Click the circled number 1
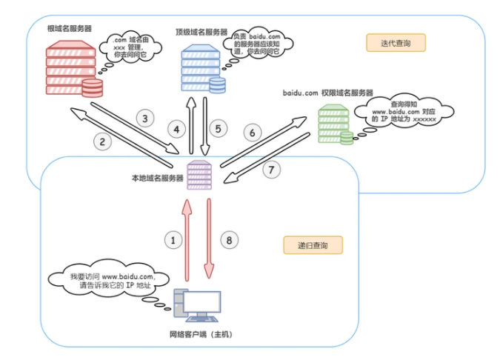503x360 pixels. (x=173, y=240)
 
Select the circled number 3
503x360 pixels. (x=145, y=118)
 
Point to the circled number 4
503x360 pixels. (x=176, y=129)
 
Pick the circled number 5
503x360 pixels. (x=218, y=129)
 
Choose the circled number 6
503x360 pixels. (x=252, y=133)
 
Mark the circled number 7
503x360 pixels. (x=272, y=169)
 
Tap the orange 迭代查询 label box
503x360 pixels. (x=396, y=43)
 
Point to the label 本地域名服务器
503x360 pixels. (x=157, y=178)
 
